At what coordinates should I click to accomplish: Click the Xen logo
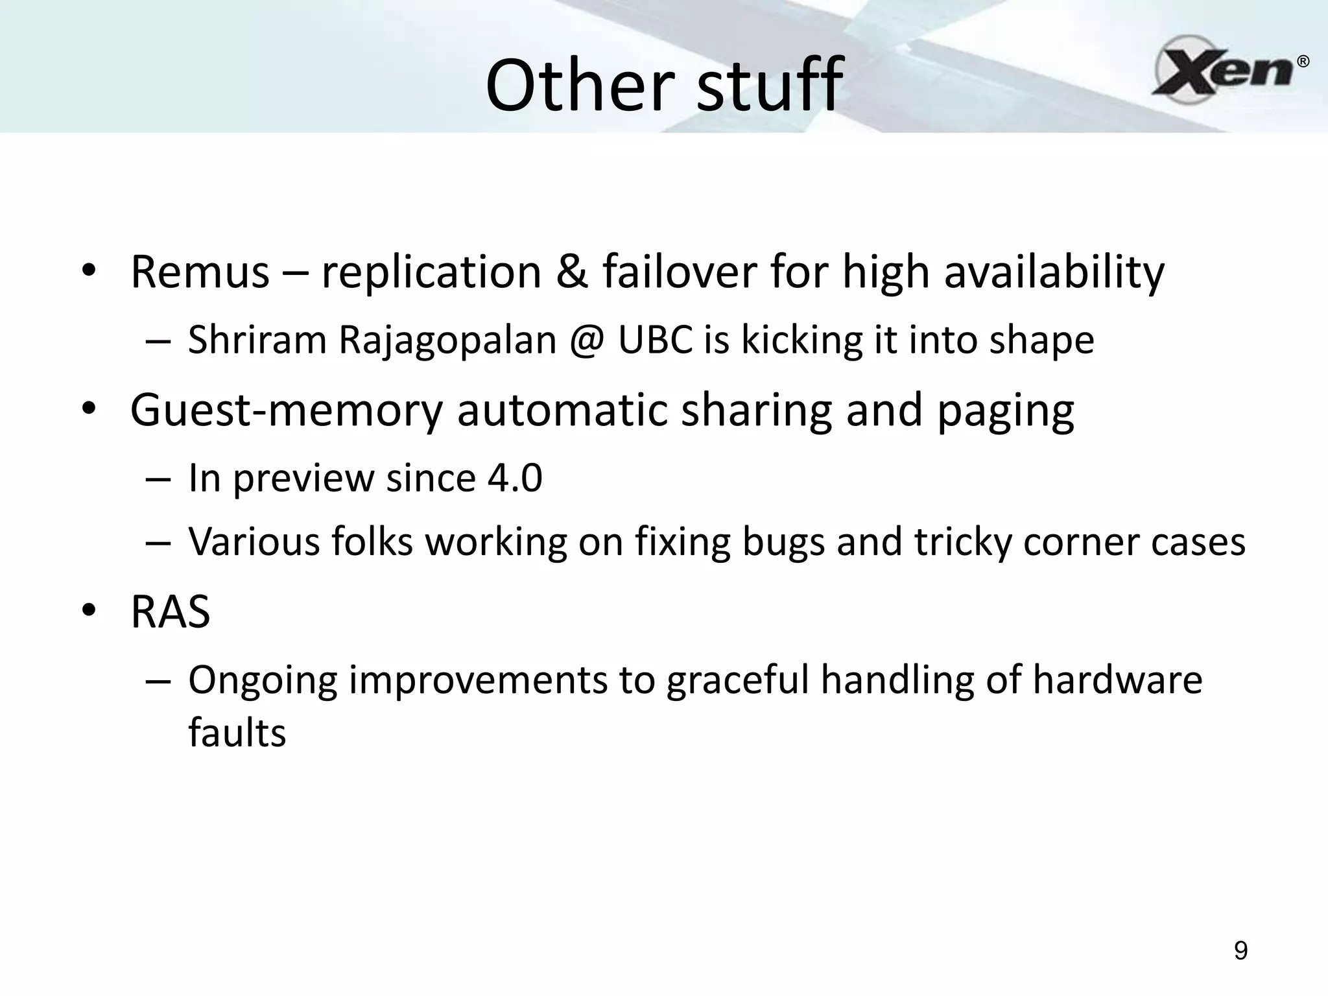1222,69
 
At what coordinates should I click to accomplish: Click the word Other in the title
578,86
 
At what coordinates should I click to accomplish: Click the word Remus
200,272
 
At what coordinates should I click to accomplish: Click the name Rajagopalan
447,340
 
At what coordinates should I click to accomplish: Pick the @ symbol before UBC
587,340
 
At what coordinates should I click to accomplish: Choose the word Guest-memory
285,410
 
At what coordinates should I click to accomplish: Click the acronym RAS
170,612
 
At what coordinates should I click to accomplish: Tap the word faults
237,733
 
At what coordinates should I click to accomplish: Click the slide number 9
1240,951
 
